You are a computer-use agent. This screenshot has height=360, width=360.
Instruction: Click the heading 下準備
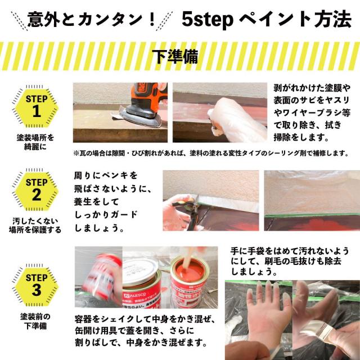point(179,57)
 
